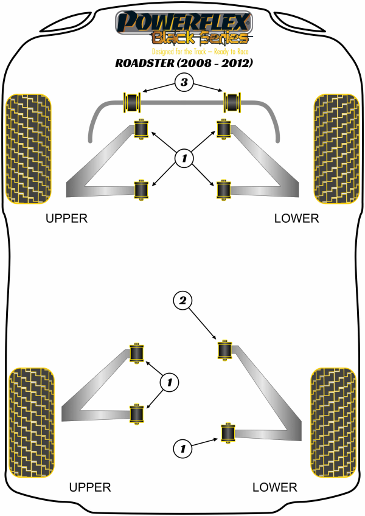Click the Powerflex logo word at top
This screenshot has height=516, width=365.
click(x=183, y=22)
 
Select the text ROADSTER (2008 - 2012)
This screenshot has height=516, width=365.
click(x=183, y=63)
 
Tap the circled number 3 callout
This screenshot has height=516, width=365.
click(x=183, y=82)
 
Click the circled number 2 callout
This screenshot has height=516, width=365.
click(x=182, y=299)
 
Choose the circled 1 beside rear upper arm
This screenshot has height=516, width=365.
click(x=169, y=382)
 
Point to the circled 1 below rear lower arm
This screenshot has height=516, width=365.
click(x=181, y=449)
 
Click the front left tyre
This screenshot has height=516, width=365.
click(x=28, y=149)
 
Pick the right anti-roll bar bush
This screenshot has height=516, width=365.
click(x=232, y=102)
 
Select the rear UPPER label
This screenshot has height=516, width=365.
click(x=89, y=487)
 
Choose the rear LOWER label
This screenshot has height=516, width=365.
click(x=275, y=487)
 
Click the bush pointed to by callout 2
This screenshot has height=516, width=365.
click(x=224, y=350)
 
